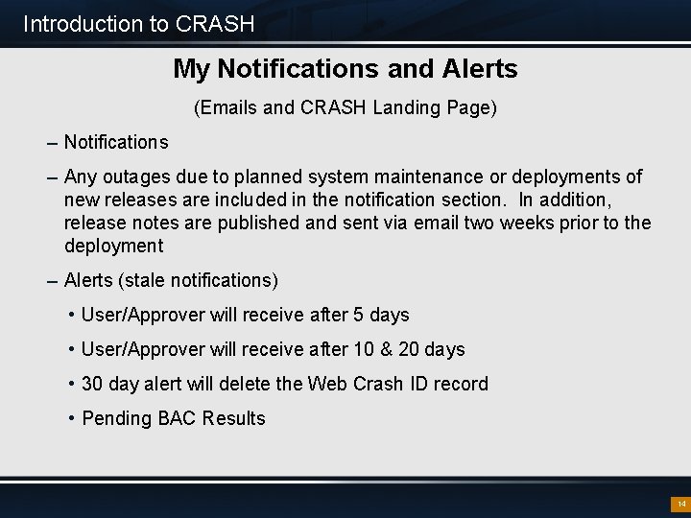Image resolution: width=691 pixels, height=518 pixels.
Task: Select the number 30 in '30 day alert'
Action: coord(93,384)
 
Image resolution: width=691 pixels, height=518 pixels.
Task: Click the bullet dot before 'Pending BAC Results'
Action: coord(72,418)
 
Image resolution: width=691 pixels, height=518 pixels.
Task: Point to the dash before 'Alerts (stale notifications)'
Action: coord(52,281)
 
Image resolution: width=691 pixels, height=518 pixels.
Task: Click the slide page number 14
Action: coord(680,504)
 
